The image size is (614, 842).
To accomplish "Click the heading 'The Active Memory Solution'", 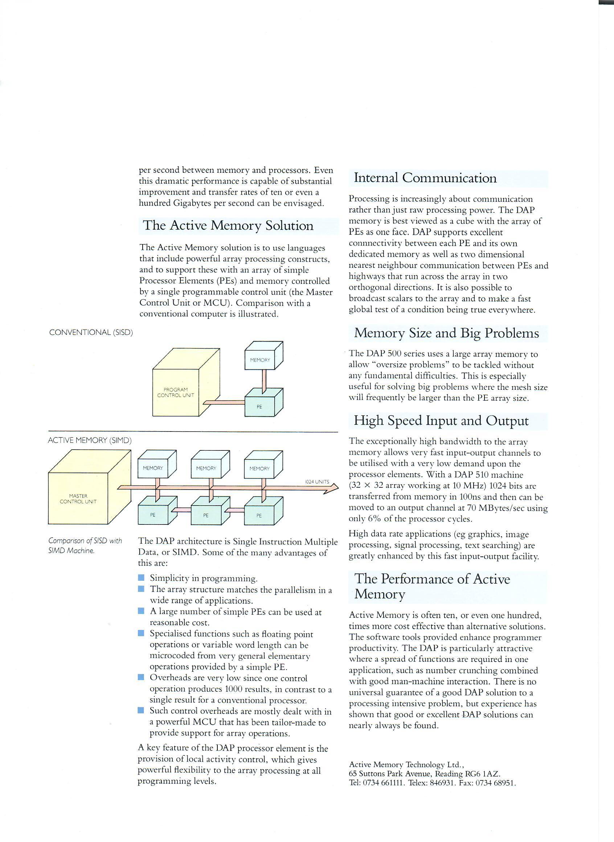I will coord(228,226).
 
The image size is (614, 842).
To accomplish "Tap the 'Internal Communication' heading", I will coord(425,178).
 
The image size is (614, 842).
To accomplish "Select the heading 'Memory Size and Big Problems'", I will coord(446,333).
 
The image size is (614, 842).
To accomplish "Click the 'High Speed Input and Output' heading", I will coord(441,421).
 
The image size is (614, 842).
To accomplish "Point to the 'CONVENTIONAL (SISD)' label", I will coord(91,332).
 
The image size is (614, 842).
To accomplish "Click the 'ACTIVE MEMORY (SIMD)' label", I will coord(90,441).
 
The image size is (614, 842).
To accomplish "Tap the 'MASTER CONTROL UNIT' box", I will coord(78,499).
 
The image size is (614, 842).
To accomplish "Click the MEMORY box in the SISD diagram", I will coord(260,360).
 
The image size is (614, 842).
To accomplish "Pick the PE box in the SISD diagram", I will coord(259,407).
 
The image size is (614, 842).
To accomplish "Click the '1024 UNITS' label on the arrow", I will coord(317,482).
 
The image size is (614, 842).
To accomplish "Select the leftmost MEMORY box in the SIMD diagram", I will coord(153,468).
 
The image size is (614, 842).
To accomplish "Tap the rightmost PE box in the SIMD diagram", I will coord(259,515).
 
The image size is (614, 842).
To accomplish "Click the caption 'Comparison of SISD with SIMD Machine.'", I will coord(85,546).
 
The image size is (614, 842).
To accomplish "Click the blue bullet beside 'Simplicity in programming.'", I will coord(141,578).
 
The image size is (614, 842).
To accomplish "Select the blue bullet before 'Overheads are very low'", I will coord(141,677).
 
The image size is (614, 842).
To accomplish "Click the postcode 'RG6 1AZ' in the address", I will coord(482,774).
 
